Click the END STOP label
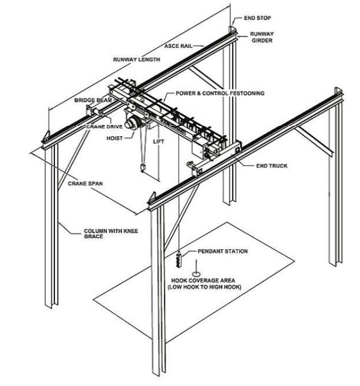(257, 17)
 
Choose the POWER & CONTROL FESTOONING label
(220, 93)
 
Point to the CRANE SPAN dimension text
(85, 184)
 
